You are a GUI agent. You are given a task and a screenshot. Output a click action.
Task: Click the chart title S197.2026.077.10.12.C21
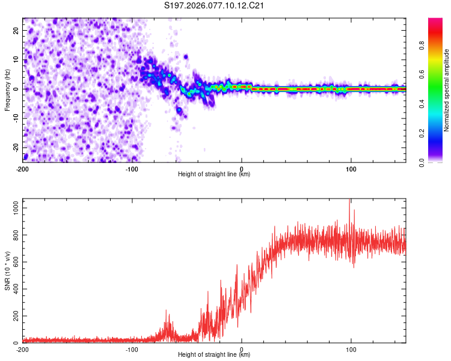215,6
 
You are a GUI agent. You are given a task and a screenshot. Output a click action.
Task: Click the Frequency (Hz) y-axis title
7,90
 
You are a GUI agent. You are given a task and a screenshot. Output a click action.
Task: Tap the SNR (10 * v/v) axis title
7,270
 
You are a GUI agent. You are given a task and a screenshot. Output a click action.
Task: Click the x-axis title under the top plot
214,174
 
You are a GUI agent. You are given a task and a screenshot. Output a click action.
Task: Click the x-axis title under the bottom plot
214,355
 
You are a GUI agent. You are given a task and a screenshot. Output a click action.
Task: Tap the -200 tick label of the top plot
23,169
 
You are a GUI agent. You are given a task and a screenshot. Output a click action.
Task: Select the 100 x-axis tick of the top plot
351,169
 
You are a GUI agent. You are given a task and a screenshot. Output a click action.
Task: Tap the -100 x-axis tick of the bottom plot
132,350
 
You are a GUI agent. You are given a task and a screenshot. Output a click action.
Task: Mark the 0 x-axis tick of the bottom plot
242,350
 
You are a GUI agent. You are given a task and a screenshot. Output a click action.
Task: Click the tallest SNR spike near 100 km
350,201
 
